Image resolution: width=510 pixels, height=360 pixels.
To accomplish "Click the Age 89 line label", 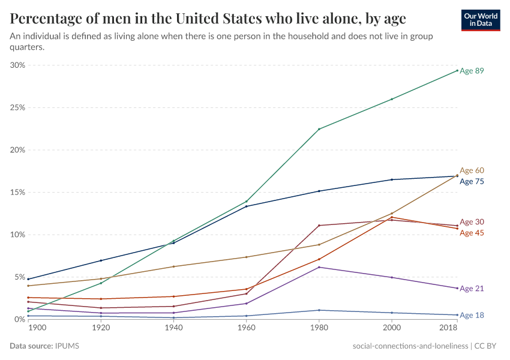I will (472, 71).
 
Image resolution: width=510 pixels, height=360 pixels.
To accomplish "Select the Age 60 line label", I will (472, 171).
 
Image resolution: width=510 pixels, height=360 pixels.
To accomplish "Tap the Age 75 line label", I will (472, 181).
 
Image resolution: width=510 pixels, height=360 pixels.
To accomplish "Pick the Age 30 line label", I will (472, 222).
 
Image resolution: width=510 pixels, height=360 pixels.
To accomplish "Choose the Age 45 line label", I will (472, 233).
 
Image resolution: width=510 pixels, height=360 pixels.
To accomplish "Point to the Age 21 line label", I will (472, 289).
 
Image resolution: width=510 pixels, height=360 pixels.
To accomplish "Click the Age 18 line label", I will (472, 315).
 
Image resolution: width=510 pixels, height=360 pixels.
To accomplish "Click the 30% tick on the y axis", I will (17, 65).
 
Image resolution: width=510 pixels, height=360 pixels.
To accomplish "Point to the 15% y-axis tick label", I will (17, 193).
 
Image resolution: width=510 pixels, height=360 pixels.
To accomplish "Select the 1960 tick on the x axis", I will (246, 329).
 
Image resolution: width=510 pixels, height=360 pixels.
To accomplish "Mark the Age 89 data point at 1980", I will (319, 129).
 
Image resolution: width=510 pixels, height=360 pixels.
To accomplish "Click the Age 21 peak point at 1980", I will (319, 267).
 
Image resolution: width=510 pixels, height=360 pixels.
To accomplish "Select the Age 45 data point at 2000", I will (392, 217).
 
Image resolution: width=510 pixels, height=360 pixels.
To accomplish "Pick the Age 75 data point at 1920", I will (101, 260).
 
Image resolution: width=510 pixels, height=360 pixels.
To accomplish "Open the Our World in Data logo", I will (481, 20).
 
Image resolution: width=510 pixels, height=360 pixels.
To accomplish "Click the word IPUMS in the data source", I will (67, 346).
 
